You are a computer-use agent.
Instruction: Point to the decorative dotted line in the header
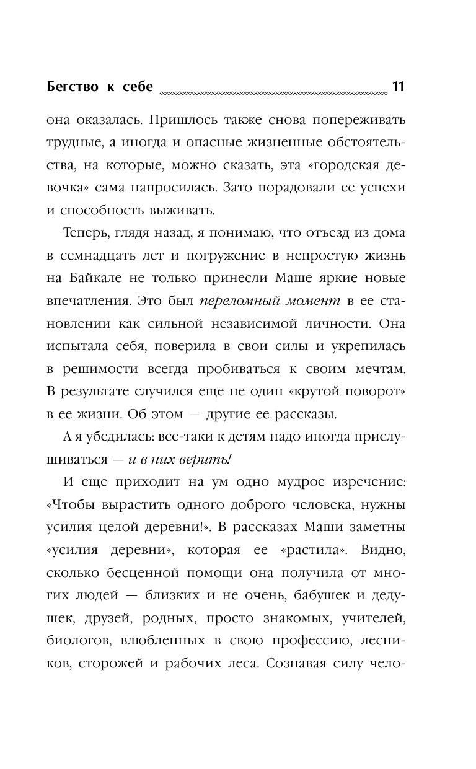pyautogui.click(x=273, y=94)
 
